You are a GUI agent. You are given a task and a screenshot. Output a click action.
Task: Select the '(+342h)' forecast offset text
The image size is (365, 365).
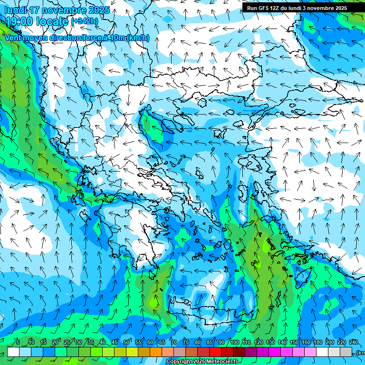(85, 21)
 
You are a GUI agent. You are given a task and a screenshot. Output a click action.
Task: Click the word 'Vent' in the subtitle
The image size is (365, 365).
(13, 38)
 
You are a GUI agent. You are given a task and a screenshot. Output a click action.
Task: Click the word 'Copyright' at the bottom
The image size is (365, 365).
(179, 362)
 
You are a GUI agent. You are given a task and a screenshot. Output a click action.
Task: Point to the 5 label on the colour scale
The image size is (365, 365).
(18, 343)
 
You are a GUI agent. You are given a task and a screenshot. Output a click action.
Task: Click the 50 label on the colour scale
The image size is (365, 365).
(126, 343)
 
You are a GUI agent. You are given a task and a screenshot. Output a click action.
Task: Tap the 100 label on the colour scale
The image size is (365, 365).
(234, 343)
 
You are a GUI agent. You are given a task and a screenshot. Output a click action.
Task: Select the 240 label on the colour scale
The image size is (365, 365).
(353, 343)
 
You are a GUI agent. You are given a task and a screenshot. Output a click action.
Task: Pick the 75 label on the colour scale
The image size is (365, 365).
(185, 343)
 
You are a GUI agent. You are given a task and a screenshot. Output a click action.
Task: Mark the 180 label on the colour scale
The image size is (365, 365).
(317, 343)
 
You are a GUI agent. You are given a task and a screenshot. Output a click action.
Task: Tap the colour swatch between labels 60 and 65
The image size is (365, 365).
(156, 352)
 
